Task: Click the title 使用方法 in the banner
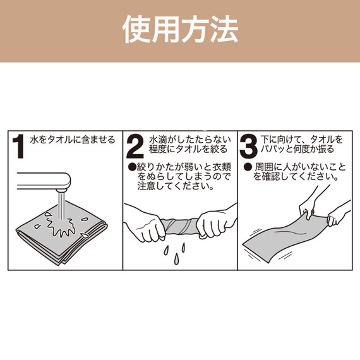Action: coord(180,30)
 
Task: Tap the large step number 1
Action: coord(20,148)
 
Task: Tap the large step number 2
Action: coord(135,148)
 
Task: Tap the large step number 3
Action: coord(249,148)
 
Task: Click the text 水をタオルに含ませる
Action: coord(73,140)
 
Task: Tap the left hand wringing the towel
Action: coord(147,224)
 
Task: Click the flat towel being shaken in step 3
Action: coord(287,237)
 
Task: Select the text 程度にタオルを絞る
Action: coord(184,150)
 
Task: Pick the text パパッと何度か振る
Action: coord(297,150)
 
